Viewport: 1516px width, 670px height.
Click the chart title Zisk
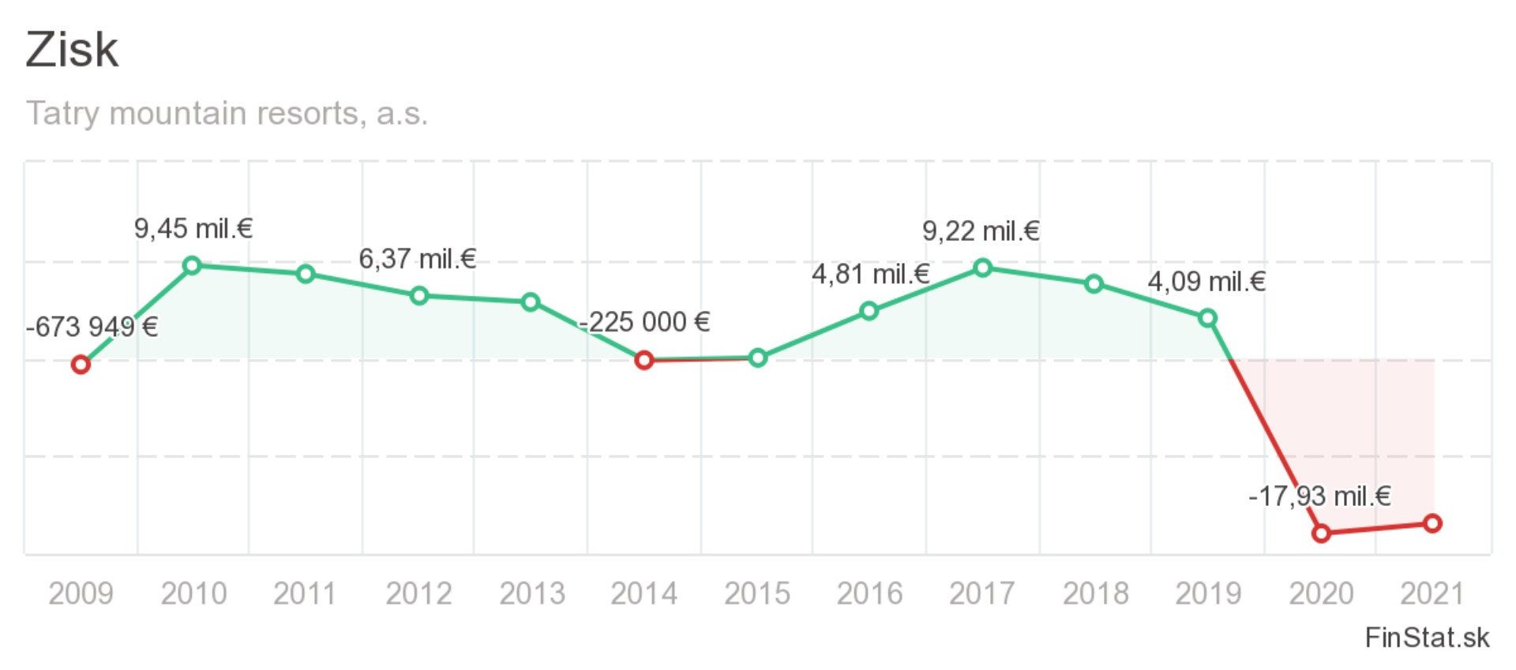[x=72, y=50]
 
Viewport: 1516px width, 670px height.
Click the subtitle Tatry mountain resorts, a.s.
[x=227, y=114]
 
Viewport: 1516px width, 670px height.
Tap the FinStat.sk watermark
[x=1427, y=638]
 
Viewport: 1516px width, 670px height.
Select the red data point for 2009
[x=80, y=365]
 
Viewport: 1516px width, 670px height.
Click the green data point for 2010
[x=192, y=265]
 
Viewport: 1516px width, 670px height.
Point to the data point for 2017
[x=982, y=268]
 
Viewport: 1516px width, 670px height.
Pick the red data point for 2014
[x=644, y=361]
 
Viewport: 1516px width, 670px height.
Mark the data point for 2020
[x=1321, y=533]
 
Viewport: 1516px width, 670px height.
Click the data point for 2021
[x=1433, y=523]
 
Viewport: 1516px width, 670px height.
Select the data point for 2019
[x=1207, y=319]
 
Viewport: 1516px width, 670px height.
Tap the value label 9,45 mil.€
[x=193, y=229]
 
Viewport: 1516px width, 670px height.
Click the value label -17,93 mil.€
[x=1319, y=496]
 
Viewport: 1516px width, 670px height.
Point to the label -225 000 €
[x=644, y=322]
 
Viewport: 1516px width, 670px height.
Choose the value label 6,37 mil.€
[x=418, y=259]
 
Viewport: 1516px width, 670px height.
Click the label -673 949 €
[x=92, y=327]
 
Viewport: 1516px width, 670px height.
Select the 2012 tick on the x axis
[x=418, y=593]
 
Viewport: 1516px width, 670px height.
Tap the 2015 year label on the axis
[x=757, y=593]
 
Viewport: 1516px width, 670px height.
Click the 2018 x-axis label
[x=1095, y=593]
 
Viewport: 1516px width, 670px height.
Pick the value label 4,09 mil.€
[x=1206, y=282]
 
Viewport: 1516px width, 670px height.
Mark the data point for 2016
[x=869, y=311]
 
